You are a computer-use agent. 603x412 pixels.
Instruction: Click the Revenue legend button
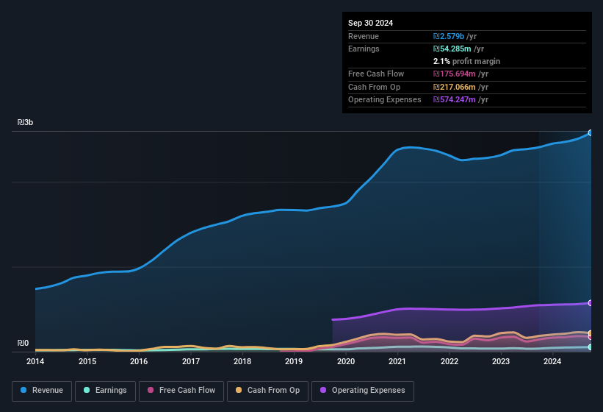tap(43, 391)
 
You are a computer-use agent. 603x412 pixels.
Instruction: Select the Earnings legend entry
tap(106, 391)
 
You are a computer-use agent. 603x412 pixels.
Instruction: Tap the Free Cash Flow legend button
tap(181, 391)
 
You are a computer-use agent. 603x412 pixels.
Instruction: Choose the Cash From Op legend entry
tap(267, 391)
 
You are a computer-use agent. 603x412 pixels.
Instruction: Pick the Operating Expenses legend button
tap(363, 391)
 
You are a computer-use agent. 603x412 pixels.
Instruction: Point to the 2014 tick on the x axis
tap(35, 361)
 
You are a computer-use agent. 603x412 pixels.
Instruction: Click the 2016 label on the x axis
tap(139, 361)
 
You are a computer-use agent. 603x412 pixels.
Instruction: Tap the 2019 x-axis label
tap(294, 361)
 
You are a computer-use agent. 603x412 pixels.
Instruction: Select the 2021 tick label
tap(397, 361)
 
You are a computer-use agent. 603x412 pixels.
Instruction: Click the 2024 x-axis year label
tap(552, 361)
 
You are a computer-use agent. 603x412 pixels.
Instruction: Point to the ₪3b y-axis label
tap(26, 122)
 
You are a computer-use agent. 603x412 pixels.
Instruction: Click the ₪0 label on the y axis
tap(23, 343)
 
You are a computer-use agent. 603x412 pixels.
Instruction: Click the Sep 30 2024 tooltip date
tap(370, 23)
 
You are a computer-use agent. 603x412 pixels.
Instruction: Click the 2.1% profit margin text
tap(466, 61)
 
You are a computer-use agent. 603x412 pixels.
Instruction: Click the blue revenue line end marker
tap(590, 133)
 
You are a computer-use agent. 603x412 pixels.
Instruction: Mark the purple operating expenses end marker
tap(590, 303)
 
